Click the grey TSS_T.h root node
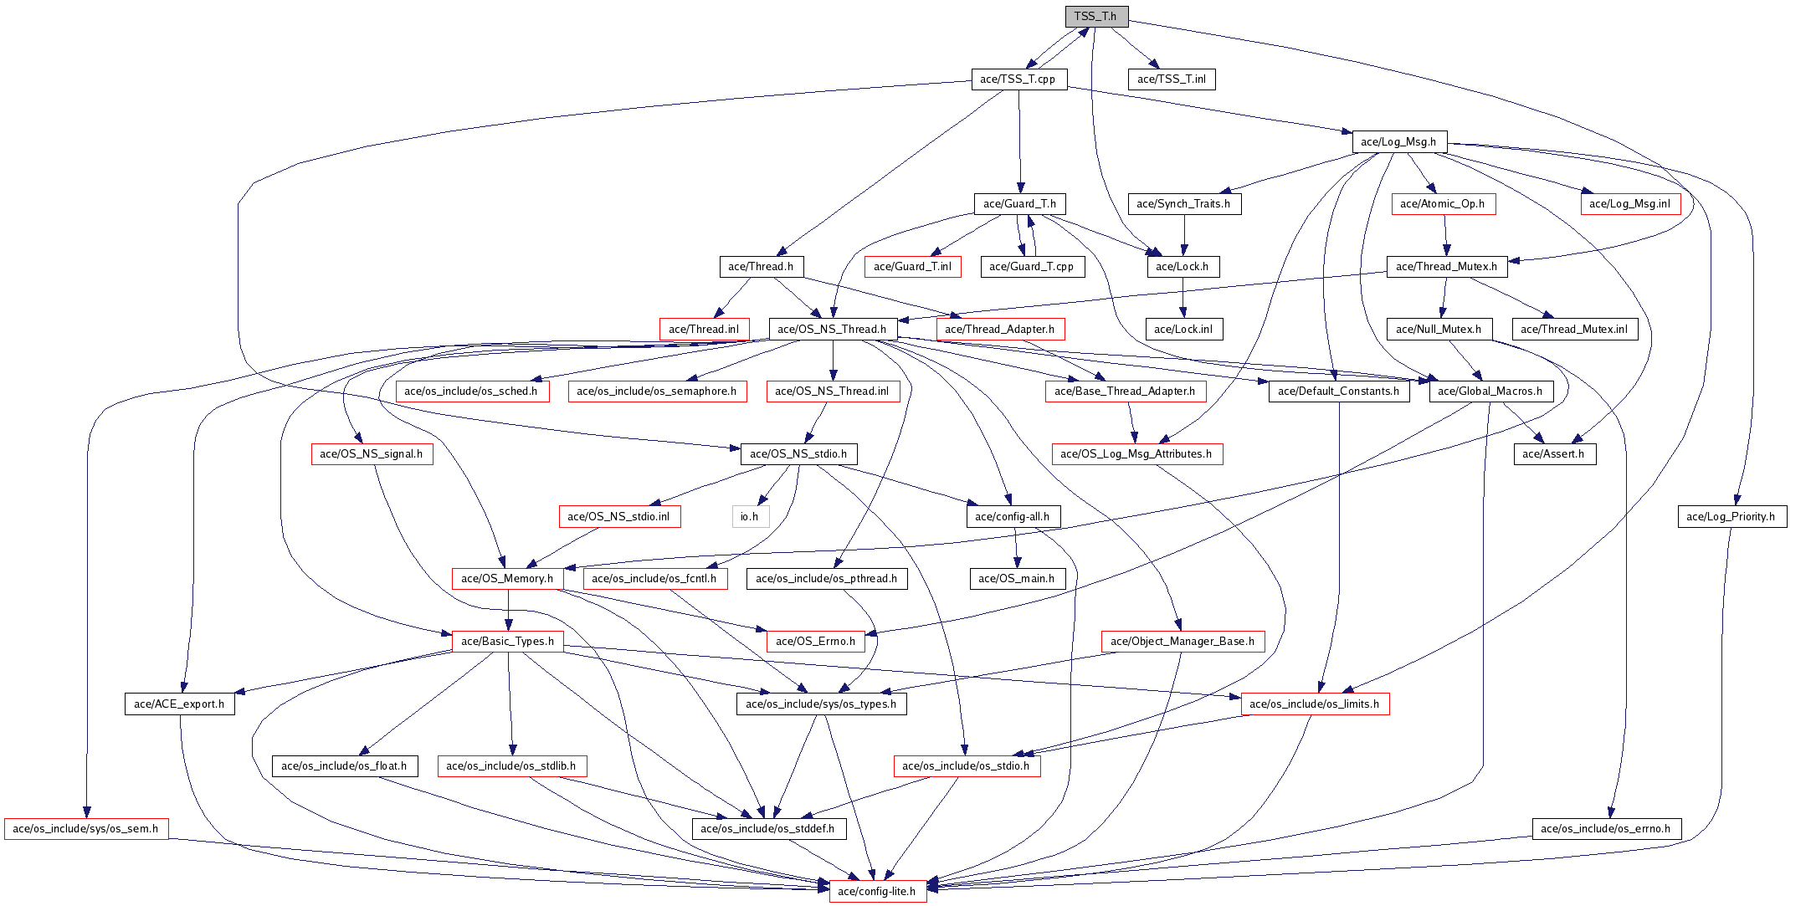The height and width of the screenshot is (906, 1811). click(1095, 17)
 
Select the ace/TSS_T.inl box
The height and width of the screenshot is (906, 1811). click(1172, 79)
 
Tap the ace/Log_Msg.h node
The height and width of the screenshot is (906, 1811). click(1398, 142)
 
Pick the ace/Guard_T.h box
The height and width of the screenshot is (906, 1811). click(1019, 204)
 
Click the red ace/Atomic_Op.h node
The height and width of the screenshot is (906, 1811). click(1443, 204)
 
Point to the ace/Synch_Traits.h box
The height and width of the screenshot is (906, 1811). click(1183, 204)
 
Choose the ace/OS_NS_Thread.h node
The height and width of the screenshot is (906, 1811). click(832, 330)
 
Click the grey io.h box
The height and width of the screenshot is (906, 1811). click(749, 517)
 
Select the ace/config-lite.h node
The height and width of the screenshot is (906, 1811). click(876, 892)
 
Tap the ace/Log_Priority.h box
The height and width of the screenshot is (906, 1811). click(1731, 517)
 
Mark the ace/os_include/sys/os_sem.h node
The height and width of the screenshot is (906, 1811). click(85, 829)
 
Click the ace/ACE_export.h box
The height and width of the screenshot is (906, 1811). click(179, 704)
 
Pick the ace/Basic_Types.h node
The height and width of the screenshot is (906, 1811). click(507, 642)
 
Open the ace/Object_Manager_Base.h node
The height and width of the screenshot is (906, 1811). click(1182, 642)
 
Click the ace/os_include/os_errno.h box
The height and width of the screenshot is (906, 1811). click(1605, 829)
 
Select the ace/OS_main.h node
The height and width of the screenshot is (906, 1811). click(1016, 579)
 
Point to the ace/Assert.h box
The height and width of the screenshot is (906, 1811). click(1553, 454)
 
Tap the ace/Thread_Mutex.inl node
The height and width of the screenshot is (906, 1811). click(1574, 330)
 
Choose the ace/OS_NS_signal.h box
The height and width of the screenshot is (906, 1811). click(371, 454)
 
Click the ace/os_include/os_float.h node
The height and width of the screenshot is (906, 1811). click(344, 766)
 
